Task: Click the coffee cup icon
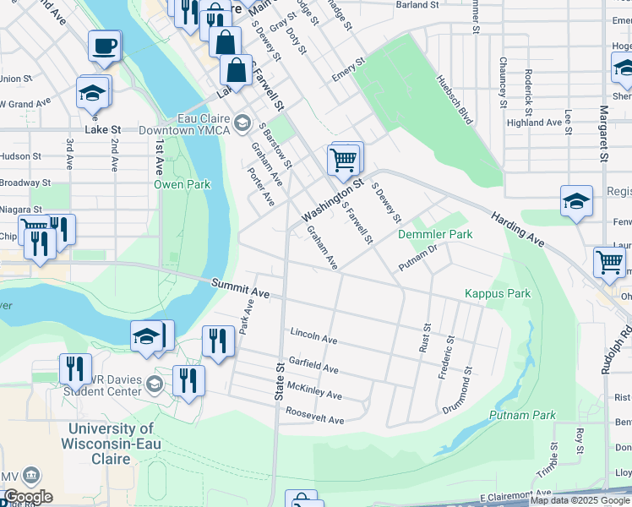105,46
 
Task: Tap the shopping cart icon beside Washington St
344,158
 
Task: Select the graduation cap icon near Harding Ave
576,201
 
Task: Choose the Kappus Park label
498,293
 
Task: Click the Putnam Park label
522,415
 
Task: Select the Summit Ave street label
240,289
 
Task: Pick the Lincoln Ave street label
313,336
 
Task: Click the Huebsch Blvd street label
454,99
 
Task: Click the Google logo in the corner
28,497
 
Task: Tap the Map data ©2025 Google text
580,500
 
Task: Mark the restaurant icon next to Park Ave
218,341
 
